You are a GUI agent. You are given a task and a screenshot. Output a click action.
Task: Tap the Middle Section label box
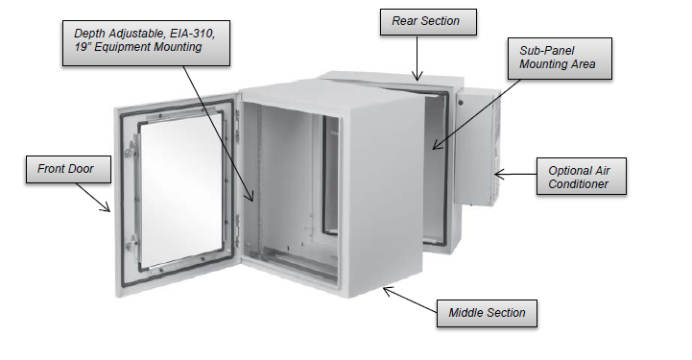click(x=487, y=312)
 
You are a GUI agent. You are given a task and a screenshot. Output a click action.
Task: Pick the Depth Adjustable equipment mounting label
click(x=146, y=40)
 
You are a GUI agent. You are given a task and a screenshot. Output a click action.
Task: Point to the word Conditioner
click(x=578, y=184)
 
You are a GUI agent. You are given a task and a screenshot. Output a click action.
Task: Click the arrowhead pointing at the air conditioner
click(x=497, y=175)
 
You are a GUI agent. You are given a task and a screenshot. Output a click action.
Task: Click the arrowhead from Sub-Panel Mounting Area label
click(x=434, y=149)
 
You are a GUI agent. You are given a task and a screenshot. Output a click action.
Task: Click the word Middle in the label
click(x=467, y=312)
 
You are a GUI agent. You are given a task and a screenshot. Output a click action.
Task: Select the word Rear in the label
click(x=405, y=21)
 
